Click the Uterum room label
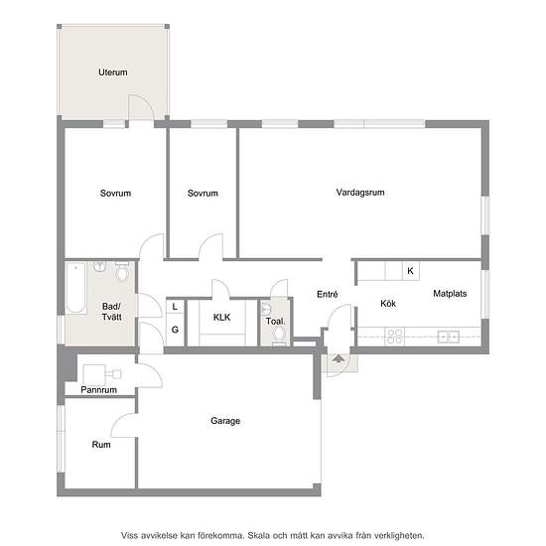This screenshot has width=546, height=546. (x=113, y=72)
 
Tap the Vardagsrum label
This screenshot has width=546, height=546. (x=360, y=193)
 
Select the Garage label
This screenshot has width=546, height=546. (x=225, y=421)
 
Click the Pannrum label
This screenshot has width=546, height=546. (x=99, y=390)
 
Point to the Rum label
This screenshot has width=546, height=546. (x=101, y=445)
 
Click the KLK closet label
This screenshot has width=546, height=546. (x=221, y=318)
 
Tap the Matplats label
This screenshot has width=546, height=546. (x=450, y=294)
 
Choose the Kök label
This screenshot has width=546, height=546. (x=388, y=304)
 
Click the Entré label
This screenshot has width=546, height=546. (x=328, y=294)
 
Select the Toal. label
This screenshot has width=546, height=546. (x=275, y=321)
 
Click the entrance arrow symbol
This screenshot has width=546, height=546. (x=339, y=359)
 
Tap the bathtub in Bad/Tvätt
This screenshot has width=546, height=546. (x=75, y=288)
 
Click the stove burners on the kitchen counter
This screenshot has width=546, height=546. (x=394, y=337)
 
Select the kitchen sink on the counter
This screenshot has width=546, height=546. (x=448, y=337)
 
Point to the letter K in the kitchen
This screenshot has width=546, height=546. (x=411, y=271)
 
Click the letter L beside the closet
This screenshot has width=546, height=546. (x=175, y=307)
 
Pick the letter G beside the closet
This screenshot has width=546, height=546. (x=175, y=330)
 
